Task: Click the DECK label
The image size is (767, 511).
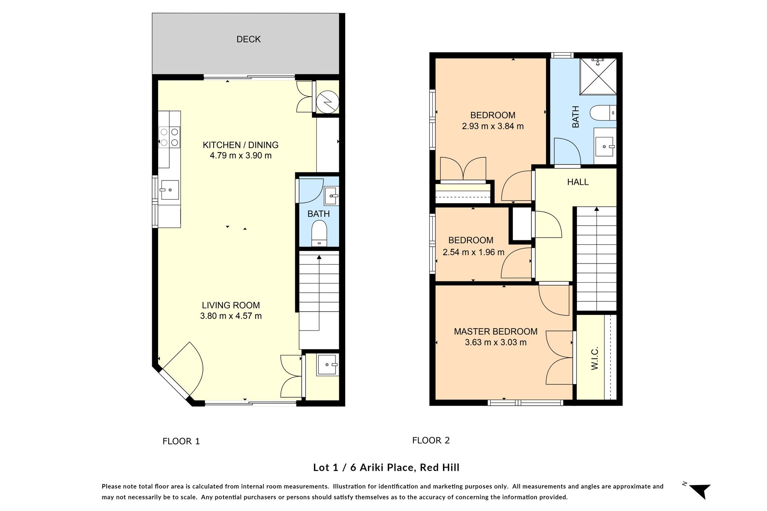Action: (x=248, y=39)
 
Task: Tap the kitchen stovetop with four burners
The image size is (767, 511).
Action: (x=169, y=137)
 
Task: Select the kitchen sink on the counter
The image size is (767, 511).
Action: (x=169, y=190)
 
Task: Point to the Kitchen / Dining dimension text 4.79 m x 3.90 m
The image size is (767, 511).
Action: (x=240, y=156)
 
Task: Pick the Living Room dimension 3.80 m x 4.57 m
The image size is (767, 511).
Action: (x=231, y=316)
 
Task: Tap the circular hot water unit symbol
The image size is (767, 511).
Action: (x=328, y=102)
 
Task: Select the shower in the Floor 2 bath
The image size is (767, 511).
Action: (x=598, y=77)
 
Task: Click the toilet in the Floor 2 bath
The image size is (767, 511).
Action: (x=603, y=113)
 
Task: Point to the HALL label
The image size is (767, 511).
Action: (x=578, y=182)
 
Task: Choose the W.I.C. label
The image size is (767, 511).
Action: (x=594, y=358)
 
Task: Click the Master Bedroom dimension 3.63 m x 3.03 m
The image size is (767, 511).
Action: (x=496, y=343)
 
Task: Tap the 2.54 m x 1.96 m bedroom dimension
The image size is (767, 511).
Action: (x=473, y=252)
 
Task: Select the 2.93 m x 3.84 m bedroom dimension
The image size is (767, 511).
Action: (x=493, y=126)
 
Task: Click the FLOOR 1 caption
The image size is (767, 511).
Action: (x=181, y=441)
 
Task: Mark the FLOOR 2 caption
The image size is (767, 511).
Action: (x=431, y=440)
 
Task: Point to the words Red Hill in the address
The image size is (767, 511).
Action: (x=439, y=467)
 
